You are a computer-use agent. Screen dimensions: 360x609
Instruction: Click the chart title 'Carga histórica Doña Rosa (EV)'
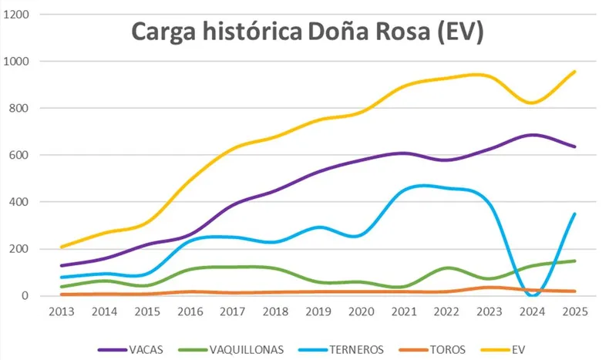[x=307, y=32]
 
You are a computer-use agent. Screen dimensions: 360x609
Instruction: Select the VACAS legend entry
[x=139, y=349]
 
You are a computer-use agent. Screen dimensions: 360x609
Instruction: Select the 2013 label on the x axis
[x=61, y=312]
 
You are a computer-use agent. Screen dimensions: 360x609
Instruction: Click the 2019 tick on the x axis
[x=318, y=312]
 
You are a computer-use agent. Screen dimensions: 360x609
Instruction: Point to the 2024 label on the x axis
[x=531, y=312]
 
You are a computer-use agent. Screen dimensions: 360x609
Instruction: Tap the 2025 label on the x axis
[x=574, y=312]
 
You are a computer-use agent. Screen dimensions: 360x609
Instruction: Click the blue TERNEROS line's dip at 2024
[x=532, y=294]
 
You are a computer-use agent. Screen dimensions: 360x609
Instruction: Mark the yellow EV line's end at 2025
[x=574, y=72]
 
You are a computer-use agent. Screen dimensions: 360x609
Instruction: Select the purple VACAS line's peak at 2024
[x=532, y=135]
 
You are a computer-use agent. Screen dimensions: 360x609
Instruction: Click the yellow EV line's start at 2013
[x=61, y=247]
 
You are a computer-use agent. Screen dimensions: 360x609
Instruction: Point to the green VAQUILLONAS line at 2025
[x=574, y=261]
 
